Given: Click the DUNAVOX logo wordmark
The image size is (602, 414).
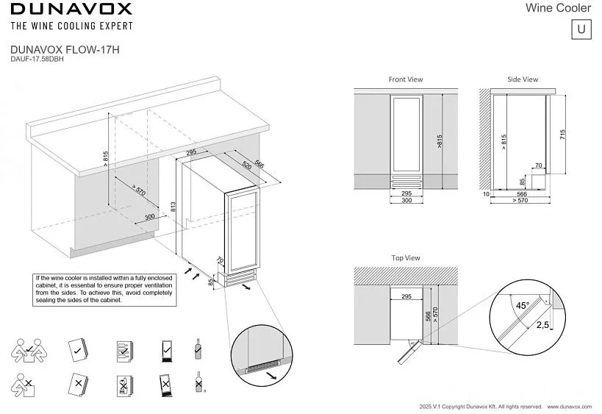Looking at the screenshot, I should pyautogui.click(x=71, y=10).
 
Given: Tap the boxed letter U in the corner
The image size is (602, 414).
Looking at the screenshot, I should pyautogui.click(x=581, y=29).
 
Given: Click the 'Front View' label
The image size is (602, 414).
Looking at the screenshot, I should pyautogui.click(x=406, y=79).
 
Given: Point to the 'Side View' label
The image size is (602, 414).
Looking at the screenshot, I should pyautogui.click(x=523, y=79).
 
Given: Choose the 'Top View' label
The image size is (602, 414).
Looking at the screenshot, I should pyautogui.click(x=406, y=258).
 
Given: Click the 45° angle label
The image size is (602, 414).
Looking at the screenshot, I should pyautogui.click(x=522, y=305).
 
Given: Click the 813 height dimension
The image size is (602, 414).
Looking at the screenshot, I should pyautogui.click(x=173, y=208).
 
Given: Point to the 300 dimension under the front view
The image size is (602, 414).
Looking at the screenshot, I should pyautogui.click(x=406, y=201).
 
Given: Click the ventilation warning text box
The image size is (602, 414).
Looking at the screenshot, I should pyautogui.click(x=104, y=289).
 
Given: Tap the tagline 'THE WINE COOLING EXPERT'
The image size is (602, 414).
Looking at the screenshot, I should pyautogui.click(x=71, y=26).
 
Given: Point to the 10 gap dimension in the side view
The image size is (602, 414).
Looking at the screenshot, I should pyautogui.click(x=486, y=195).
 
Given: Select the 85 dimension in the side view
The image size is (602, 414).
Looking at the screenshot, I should pyautogui.click(x=522, y=181).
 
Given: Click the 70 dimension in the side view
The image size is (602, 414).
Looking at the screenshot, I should pyautogui.click(x=538, y=166).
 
